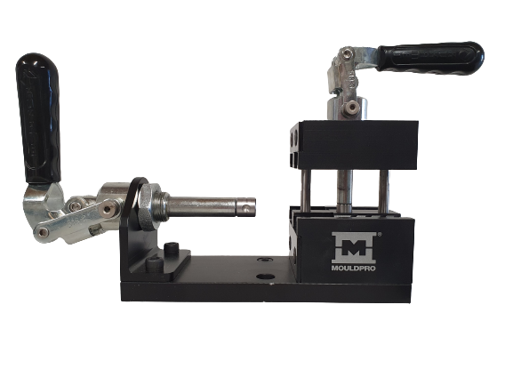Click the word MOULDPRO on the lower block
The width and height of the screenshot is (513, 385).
(353, 269)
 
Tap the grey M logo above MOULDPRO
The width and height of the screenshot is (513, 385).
(353, 248)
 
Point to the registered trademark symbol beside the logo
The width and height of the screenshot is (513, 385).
(379, 234)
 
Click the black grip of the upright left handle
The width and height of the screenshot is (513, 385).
(38, 117)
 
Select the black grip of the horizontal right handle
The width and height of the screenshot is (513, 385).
(430, 58)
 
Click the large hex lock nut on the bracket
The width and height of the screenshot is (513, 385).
(149, 206)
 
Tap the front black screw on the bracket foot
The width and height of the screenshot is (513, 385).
(155, 264)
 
